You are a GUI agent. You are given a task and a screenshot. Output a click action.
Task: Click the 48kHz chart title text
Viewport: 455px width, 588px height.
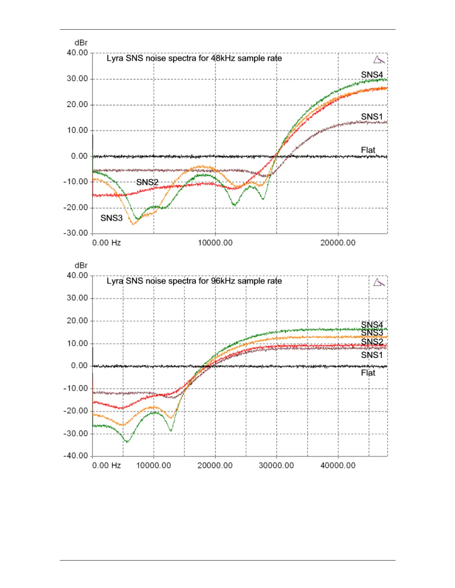pos(194,58)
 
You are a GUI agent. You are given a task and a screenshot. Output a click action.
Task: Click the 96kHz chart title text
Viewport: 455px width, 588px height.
pos(194,281)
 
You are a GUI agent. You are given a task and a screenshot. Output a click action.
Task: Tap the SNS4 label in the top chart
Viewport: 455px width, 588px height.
pos(372,75)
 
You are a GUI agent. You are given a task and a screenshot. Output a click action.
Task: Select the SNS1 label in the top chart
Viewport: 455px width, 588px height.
pos(372,117)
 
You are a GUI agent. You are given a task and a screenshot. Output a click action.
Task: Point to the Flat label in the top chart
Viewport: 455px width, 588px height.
pos(368,150)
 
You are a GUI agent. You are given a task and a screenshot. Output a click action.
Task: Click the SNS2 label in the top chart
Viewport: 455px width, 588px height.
pos(147,182)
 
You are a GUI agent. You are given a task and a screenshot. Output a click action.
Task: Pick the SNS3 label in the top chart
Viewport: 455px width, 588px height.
pos(112,218)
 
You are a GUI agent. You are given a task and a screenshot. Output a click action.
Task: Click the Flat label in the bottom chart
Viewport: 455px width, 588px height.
pos(368,373)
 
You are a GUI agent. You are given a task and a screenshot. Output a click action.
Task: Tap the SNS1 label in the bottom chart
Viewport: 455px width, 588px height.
pos(372,355)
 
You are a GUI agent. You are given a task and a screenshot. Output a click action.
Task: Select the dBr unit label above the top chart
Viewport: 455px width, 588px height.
pos(81,43)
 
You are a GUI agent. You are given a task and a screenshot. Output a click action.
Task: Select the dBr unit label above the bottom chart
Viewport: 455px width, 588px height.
pos(81,265)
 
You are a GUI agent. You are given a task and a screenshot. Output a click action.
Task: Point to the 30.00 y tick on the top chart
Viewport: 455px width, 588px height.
pos(77,79)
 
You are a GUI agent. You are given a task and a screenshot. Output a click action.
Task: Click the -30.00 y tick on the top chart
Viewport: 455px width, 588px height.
pos(76,233)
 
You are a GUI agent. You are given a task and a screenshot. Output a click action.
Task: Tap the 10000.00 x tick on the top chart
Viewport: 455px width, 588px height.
pos(215,243)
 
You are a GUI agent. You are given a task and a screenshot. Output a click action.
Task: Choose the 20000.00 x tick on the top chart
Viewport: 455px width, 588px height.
pos(338,243)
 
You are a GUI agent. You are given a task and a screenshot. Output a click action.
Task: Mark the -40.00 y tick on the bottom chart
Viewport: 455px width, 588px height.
pos(76,456)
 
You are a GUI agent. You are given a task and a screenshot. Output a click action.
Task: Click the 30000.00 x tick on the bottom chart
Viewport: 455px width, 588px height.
pos(276,465)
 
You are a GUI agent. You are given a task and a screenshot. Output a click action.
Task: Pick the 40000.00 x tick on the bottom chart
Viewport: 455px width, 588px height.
pos(338,465)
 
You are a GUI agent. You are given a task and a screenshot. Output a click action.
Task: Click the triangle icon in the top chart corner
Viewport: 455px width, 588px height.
pos(379,60)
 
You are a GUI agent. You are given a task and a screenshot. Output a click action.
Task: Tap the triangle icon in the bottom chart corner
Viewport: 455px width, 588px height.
pos(379,282)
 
